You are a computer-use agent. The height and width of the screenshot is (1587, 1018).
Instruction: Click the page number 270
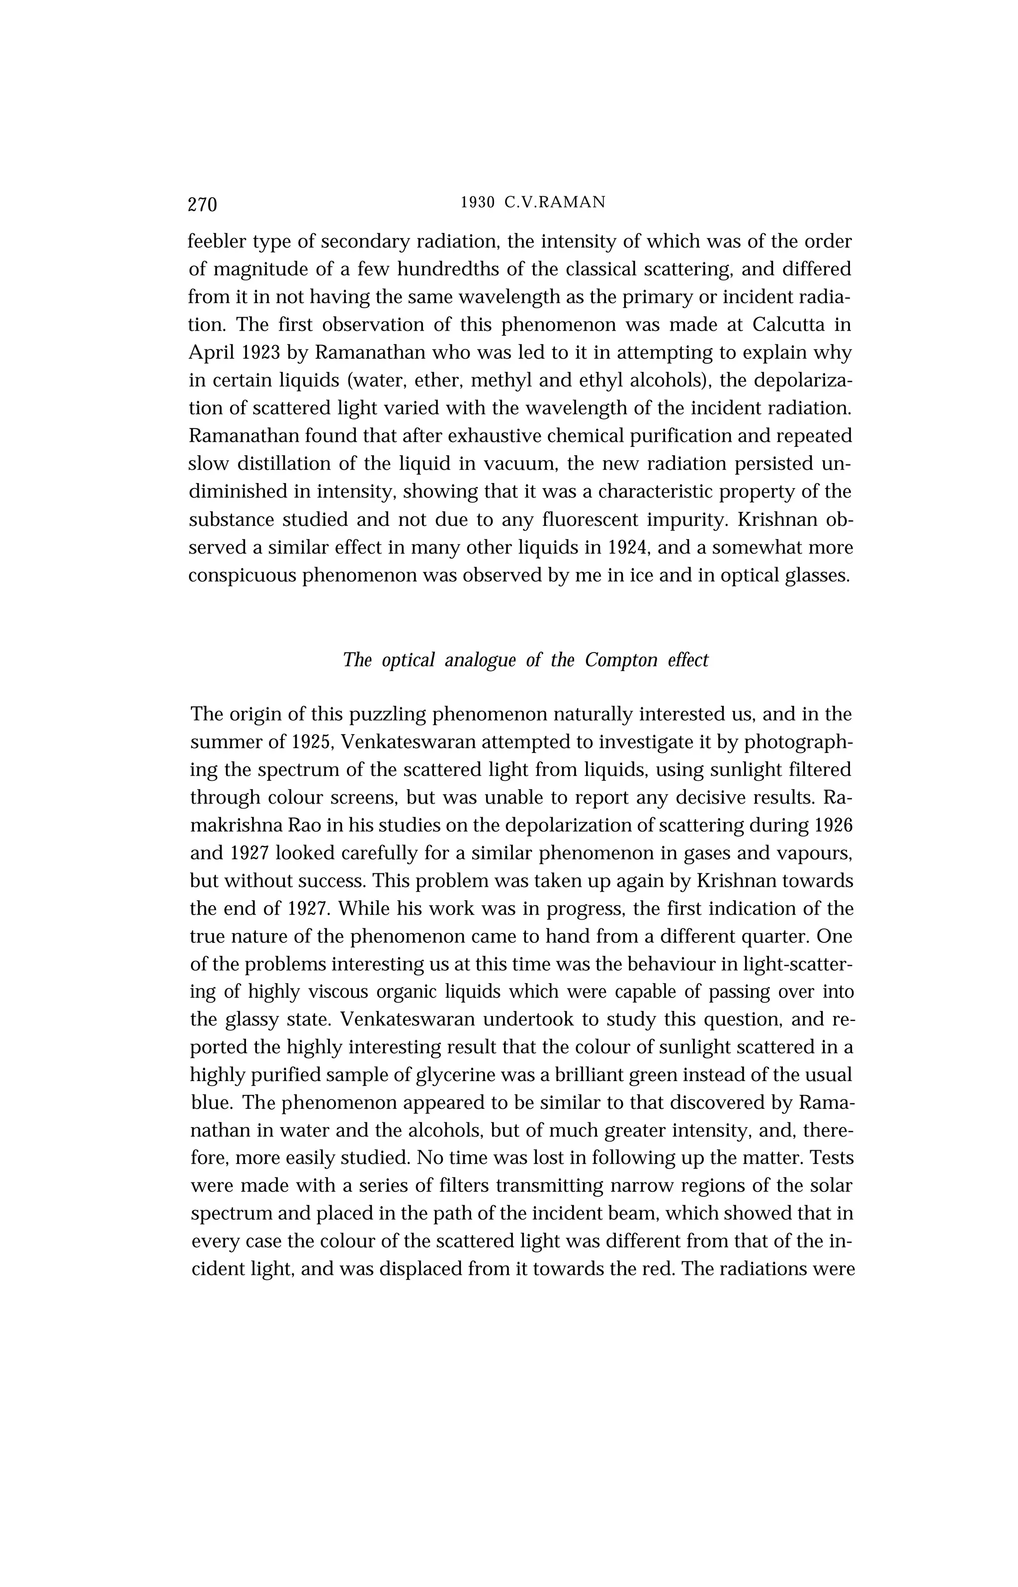pos(202,204)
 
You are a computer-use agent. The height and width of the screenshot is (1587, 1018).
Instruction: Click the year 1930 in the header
pos(477,203)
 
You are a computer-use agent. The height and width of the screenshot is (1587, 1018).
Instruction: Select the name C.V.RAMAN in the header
pos(555,203)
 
